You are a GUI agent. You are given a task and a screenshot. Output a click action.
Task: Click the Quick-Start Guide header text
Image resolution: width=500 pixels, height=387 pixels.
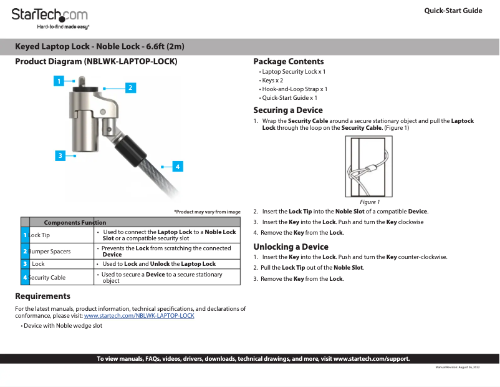tap(453, 11)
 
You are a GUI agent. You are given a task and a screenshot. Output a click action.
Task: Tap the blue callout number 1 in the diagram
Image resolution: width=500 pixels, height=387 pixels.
tap(59, 81)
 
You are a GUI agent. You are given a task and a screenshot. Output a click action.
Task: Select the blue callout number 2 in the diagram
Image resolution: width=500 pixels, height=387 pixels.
tap(130, 87)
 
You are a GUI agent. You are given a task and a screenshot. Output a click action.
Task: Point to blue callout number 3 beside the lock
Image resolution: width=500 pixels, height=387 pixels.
tap(59, 155)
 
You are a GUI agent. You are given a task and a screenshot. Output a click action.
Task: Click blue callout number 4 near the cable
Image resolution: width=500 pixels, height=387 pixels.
tap(177, 167)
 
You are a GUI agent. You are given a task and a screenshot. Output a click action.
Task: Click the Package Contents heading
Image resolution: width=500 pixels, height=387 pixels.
tap(288, 61)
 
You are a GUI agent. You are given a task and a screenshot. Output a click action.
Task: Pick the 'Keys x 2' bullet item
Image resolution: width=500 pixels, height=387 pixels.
tap(272, 81)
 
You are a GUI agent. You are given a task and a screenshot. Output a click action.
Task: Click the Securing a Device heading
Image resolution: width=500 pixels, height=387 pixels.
tap(287, 110)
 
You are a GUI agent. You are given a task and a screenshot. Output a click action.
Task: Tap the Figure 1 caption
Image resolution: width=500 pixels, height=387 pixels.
tap(370, 202)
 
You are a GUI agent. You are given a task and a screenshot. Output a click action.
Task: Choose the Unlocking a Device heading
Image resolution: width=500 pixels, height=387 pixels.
tap(291, 247)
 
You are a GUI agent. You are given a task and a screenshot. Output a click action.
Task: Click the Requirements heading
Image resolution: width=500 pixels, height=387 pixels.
tap(42, 296)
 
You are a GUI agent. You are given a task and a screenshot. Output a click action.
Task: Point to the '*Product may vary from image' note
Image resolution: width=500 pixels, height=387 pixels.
tap(207, 212)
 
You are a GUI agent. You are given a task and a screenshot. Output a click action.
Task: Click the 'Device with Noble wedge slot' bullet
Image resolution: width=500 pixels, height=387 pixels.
tap(62, 326)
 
